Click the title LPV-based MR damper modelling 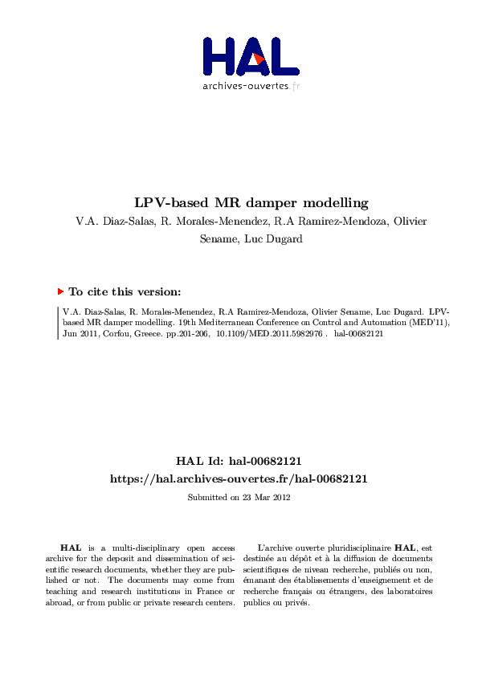coord(239,202)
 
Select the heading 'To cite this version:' coord(124,292)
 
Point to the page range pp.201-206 coord(185,333)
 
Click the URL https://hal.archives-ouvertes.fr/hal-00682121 coord(239,478)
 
